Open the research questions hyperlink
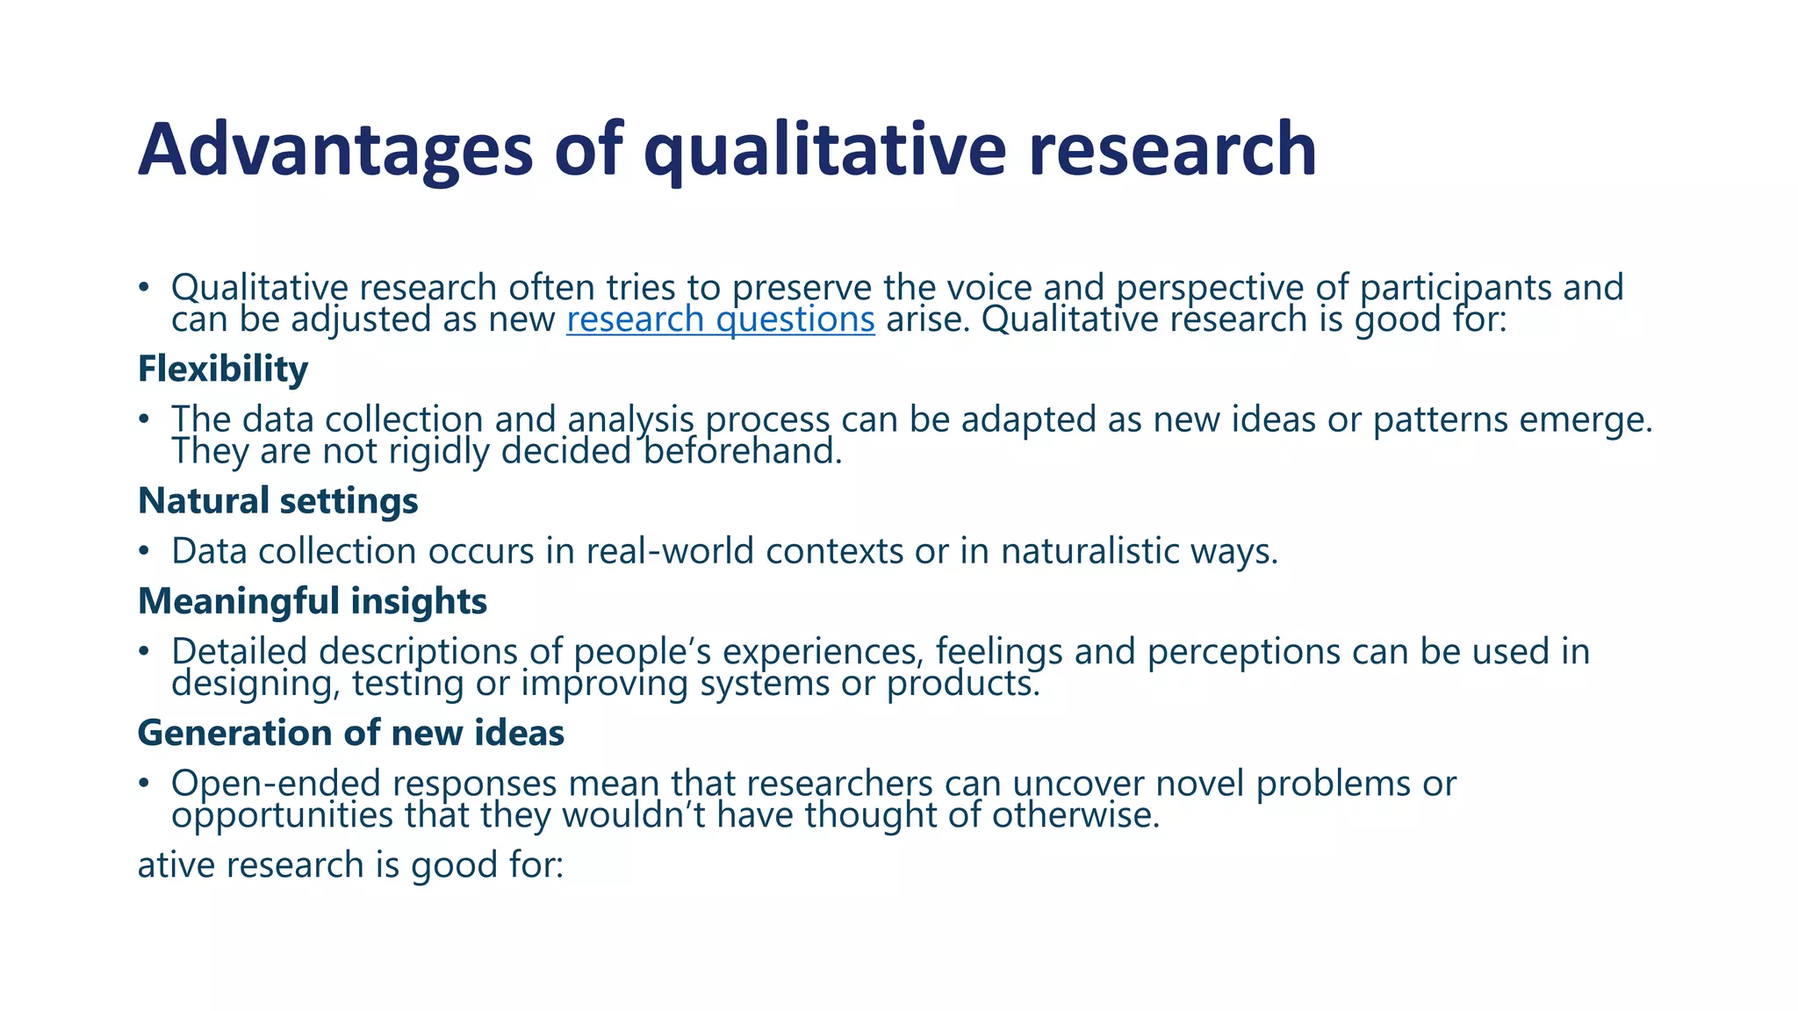[x=720, y=319]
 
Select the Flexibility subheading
[x=223, y=369]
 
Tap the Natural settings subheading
[x=277, y=501]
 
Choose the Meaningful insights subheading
[x=312, y=602]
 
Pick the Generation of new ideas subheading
[x=350, y=734]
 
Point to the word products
[x=962, y=684]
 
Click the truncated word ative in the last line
[x=176, y=865]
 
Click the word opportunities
[x=282, y=815]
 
